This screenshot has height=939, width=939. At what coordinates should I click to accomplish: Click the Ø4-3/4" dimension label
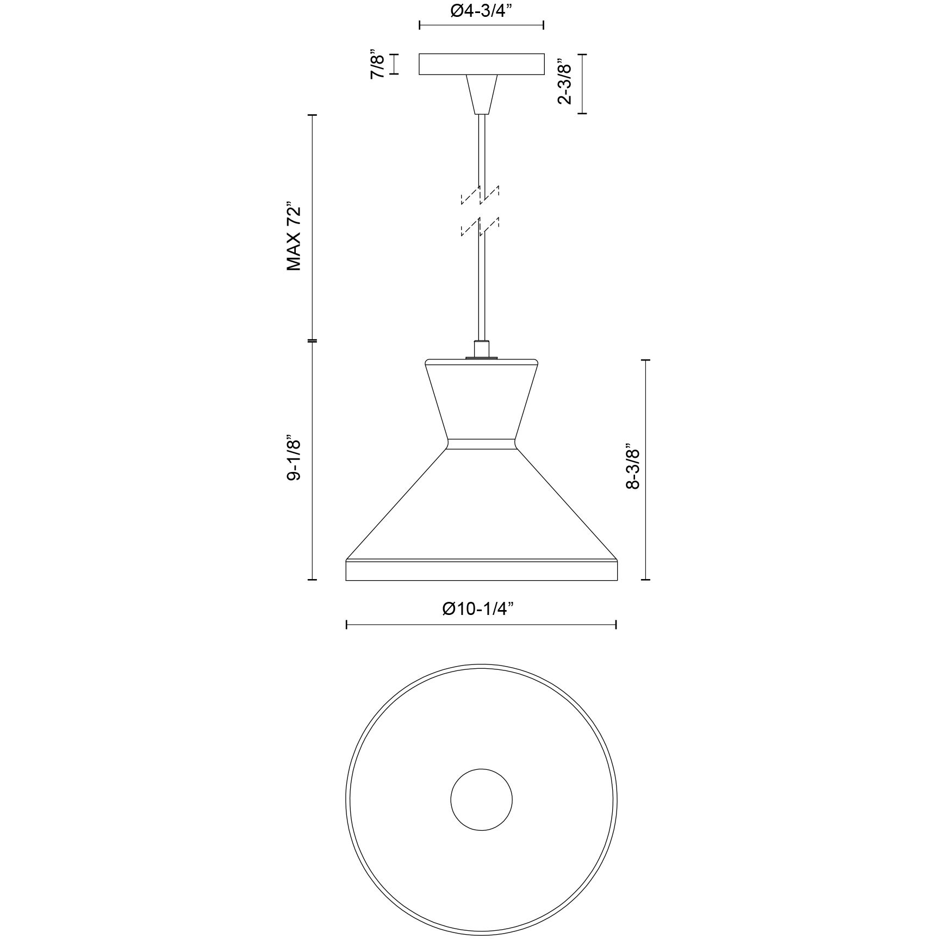click(482, 12)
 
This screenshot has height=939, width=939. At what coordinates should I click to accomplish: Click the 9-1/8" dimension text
click(294, 457)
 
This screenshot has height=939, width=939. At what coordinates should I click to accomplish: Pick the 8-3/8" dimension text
click(633, 469)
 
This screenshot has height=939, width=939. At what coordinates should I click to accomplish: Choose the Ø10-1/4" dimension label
click(478, 609)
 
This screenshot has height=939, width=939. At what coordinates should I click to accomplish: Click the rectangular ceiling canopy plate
click(482, 64)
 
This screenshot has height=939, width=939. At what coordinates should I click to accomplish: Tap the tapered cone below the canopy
click(482, 94)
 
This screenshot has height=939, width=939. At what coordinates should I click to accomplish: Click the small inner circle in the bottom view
click(482, 799)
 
